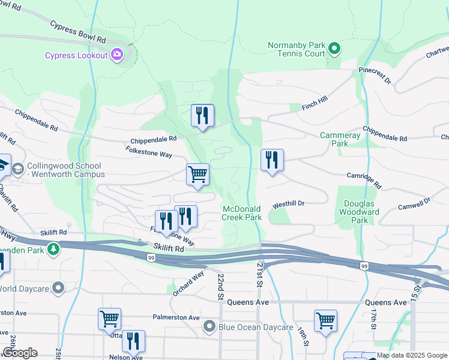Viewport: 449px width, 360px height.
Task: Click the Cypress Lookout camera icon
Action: [x=116, y=55]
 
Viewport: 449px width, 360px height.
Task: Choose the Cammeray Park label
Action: [x=340, y=139]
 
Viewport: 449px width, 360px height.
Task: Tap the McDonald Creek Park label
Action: [x=242, y=213]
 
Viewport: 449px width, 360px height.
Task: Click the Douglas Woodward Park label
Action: [x=359, y=212]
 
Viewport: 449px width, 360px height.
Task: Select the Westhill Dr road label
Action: [x=288, y=203]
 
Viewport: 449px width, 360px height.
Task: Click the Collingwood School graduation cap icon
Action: [x=17, y=167]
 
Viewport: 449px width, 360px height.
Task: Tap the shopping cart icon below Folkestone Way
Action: [x=197, y=175]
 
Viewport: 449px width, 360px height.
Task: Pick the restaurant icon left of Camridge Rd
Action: [x=272, y=160]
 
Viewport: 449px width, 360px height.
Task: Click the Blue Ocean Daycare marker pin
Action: [x=209, y=327]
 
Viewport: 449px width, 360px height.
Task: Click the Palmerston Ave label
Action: [x=176, y=317]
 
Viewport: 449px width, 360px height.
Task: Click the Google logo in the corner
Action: [x=20, y=353]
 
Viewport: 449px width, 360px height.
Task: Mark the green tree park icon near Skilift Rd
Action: [x=53, y=248]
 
